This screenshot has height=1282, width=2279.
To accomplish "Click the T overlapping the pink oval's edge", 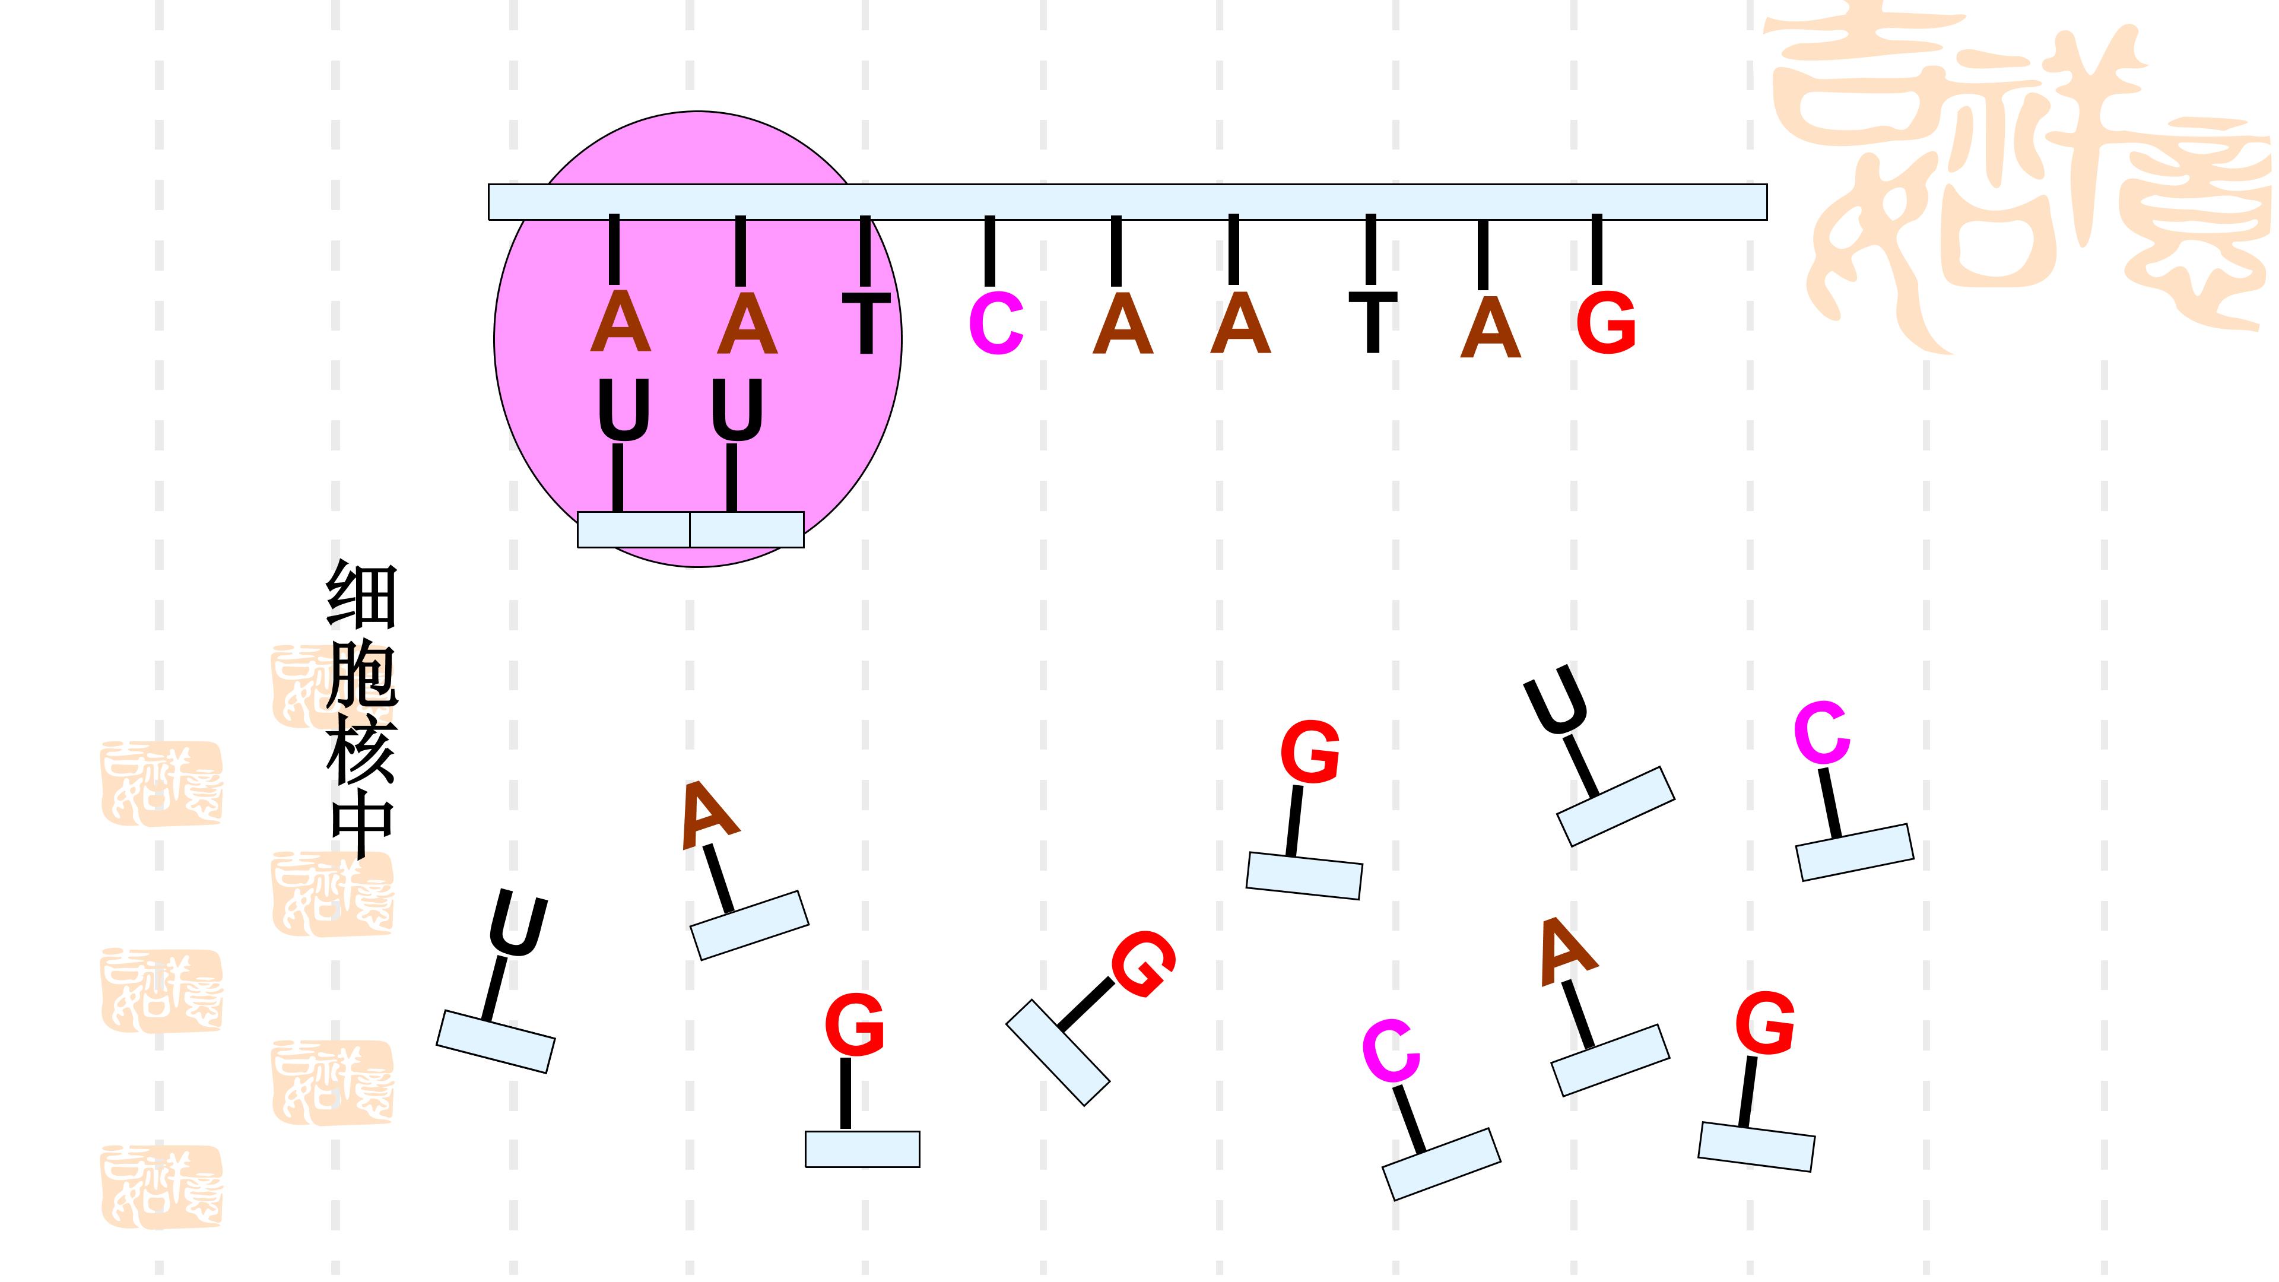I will pyautogui.click(x=866, y=324).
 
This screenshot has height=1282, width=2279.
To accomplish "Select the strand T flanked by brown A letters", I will pyautogui.click(x=1372, y=322).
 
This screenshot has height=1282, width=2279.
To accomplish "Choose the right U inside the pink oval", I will pyautogui.click(x=737, y=410).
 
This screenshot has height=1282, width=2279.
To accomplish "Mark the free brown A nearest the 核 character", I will pyautogui.click(x=708, y=814).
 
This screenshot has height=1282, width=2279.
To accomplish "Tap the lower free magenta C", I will pyautogui.click(x=1391, y=1051).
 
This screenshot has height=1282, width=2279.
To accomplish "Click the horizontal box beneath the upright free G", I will pyautogui.click(x=862, y=1148).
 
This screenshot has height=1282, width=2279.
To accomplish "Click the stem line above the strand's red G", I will pyautogui.click(x=1597, y=249).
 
